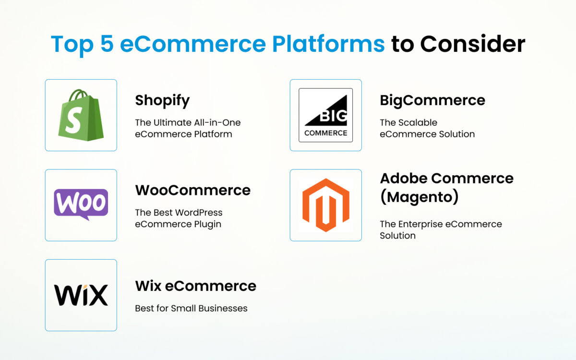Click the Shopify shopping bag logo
pos(81,115)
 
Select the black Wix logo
pos(81,295)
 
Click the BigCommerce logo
pos(325,115)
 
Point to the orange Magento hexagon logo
pos(325,205)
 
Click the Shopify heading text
pos(162,100)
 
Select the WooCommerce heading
pos(192,190)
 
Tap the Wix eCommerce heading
pos(195,286)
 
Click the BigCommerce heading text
pos(432,100)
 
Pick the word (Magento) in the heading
pos(419,197)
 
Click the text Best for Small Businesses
pos(191,308)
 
